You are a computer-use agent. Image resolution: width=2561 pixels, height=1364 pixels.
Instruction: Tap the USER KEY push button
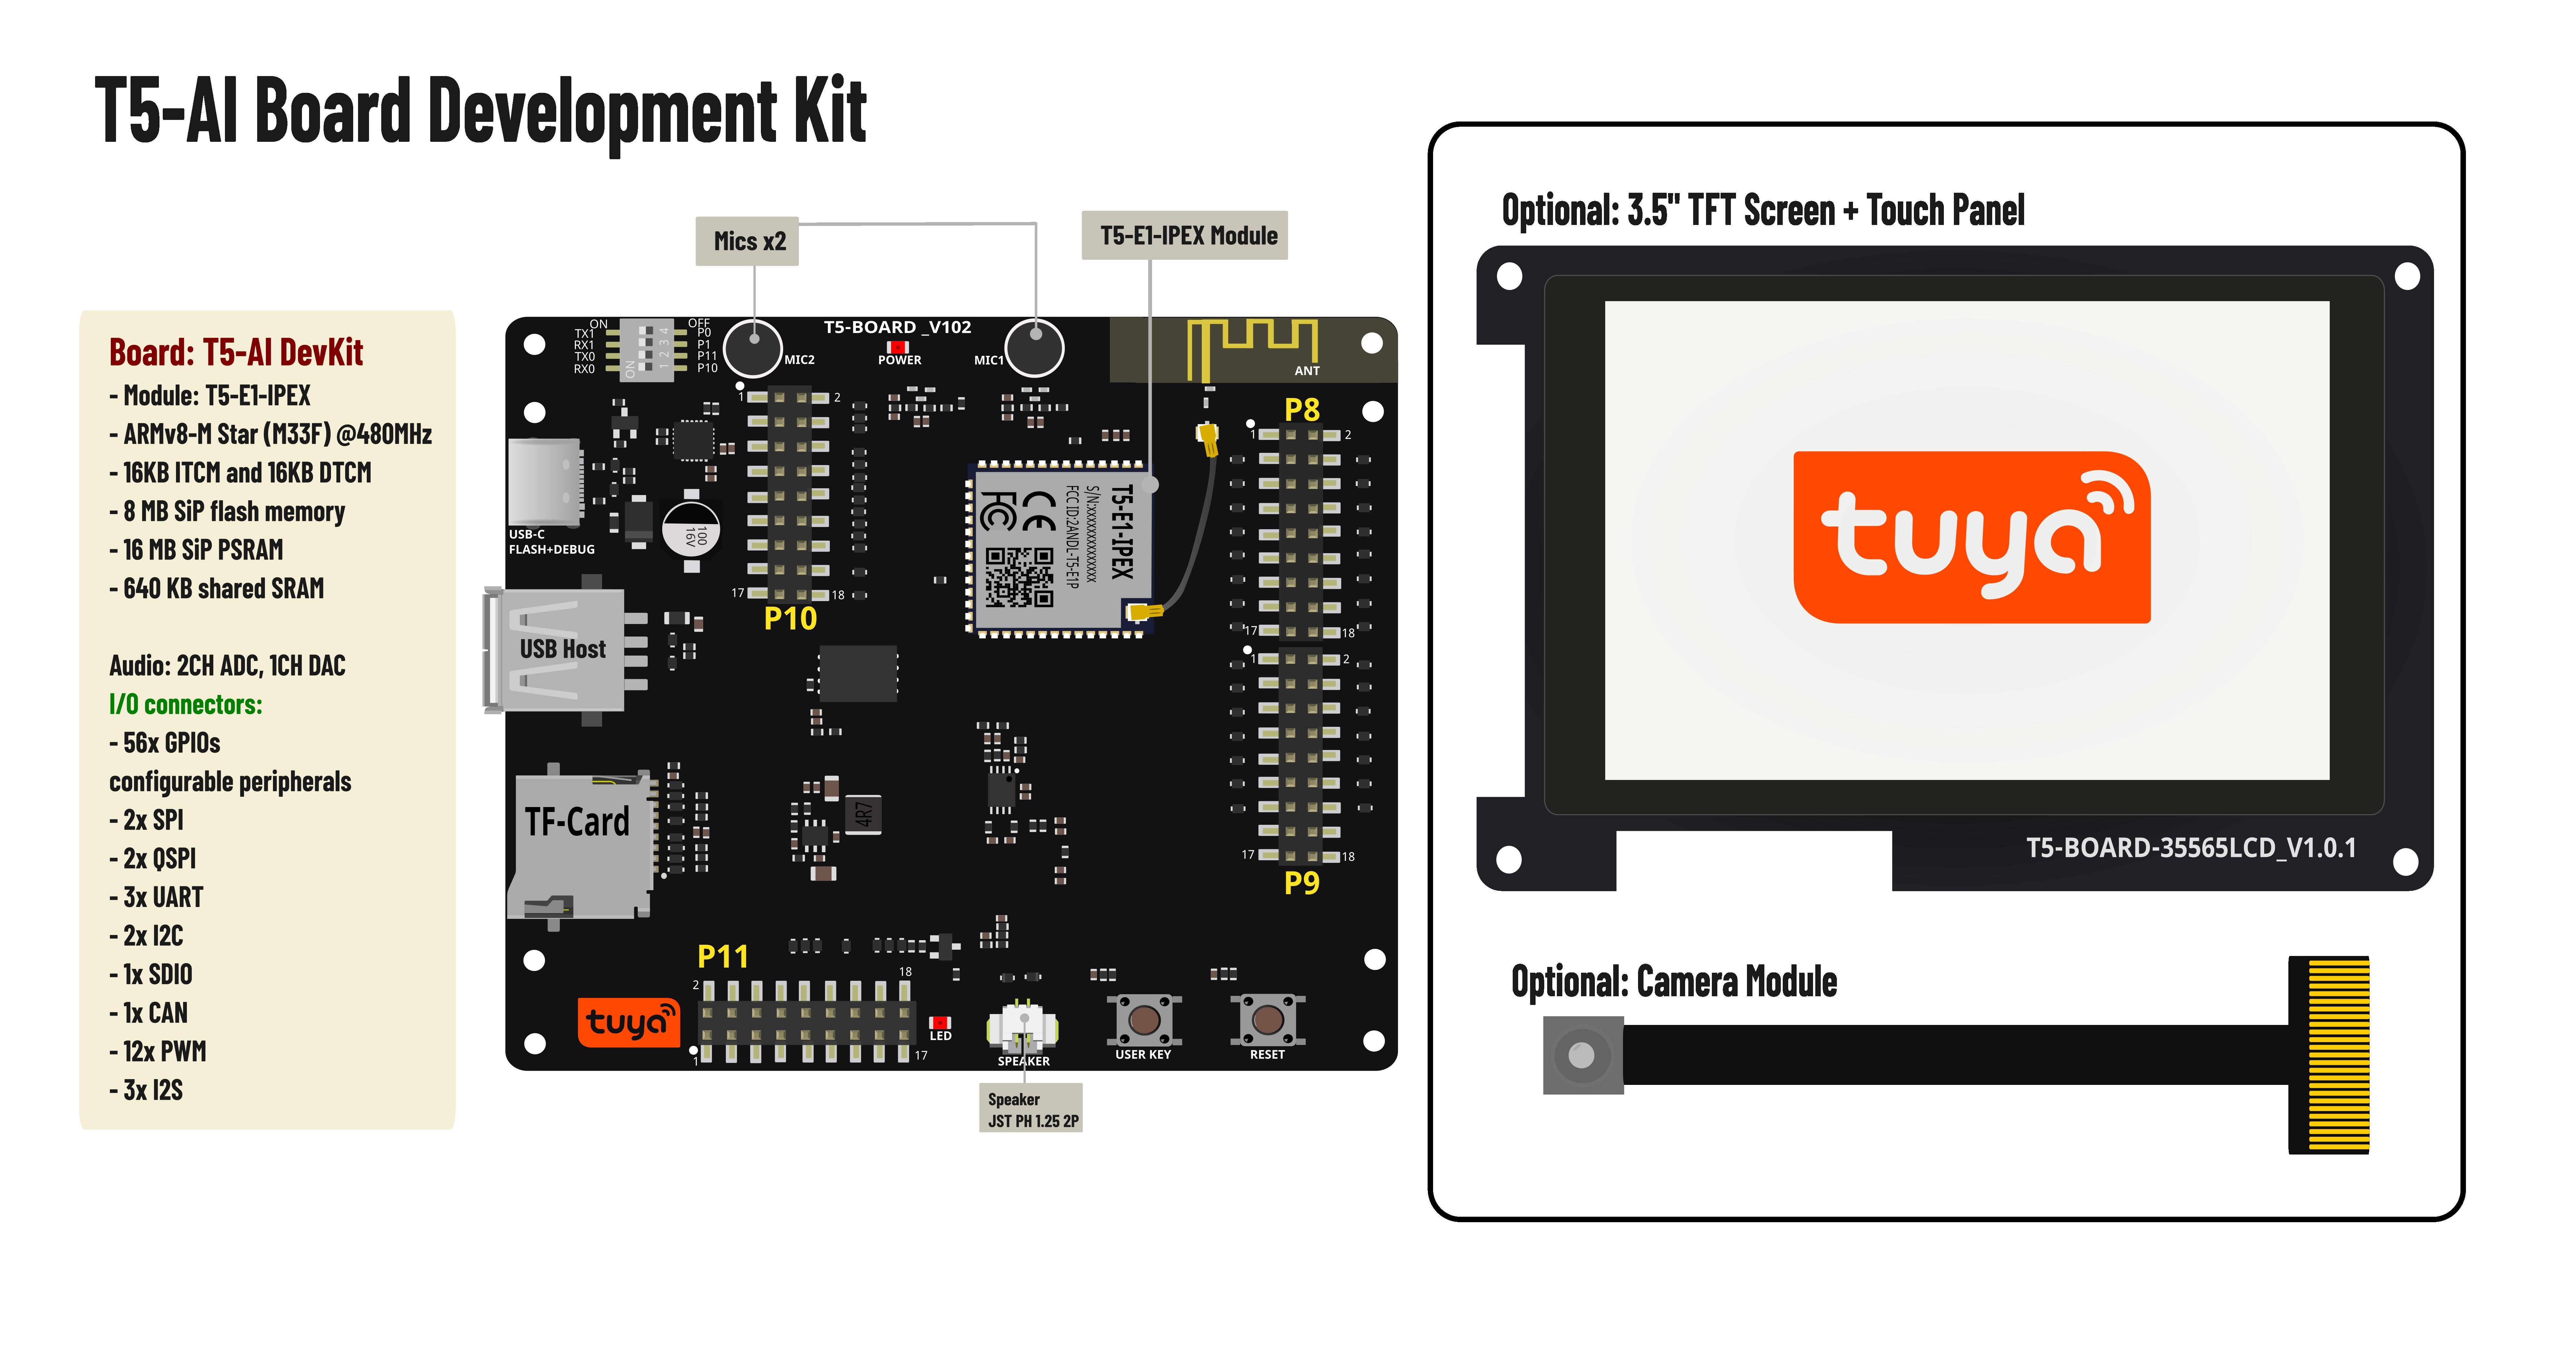(x=1144, y=1019)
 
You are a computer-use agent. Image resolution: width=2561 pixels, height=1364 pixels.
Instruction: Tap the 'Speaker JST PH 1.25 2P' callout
(x=1031, y=1109)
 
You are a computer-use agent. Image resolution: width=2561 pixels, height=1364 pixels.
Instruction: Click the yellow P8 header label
(x=1301, y=410)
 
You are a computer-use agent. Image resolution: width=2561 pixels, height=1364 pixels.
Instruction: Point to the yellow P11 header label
(x=723, y=956)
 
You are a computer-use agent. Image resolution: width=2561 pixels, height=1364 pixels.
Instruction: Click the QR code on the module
(x=1019, y=577)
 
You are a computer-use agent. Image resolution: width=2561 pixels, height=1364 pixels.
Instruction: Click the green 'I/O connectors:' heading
(x=186, y=705)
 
